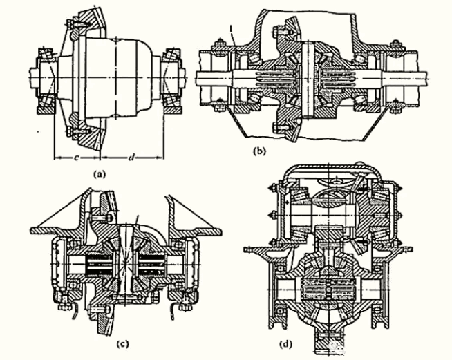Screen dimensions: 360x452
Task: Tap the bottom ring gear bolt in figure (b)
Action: pos(281,126)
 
